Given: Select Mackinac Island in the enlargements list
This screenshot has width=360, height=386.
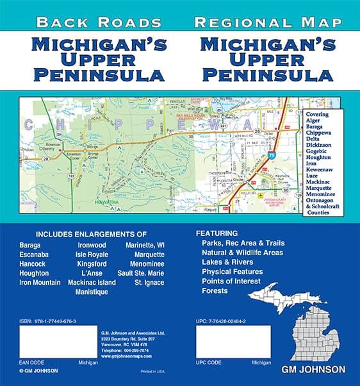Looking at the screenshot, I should pos(92,282).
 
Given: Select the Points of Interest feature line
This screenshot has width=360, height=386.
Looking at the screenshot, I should pos(231,281).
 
